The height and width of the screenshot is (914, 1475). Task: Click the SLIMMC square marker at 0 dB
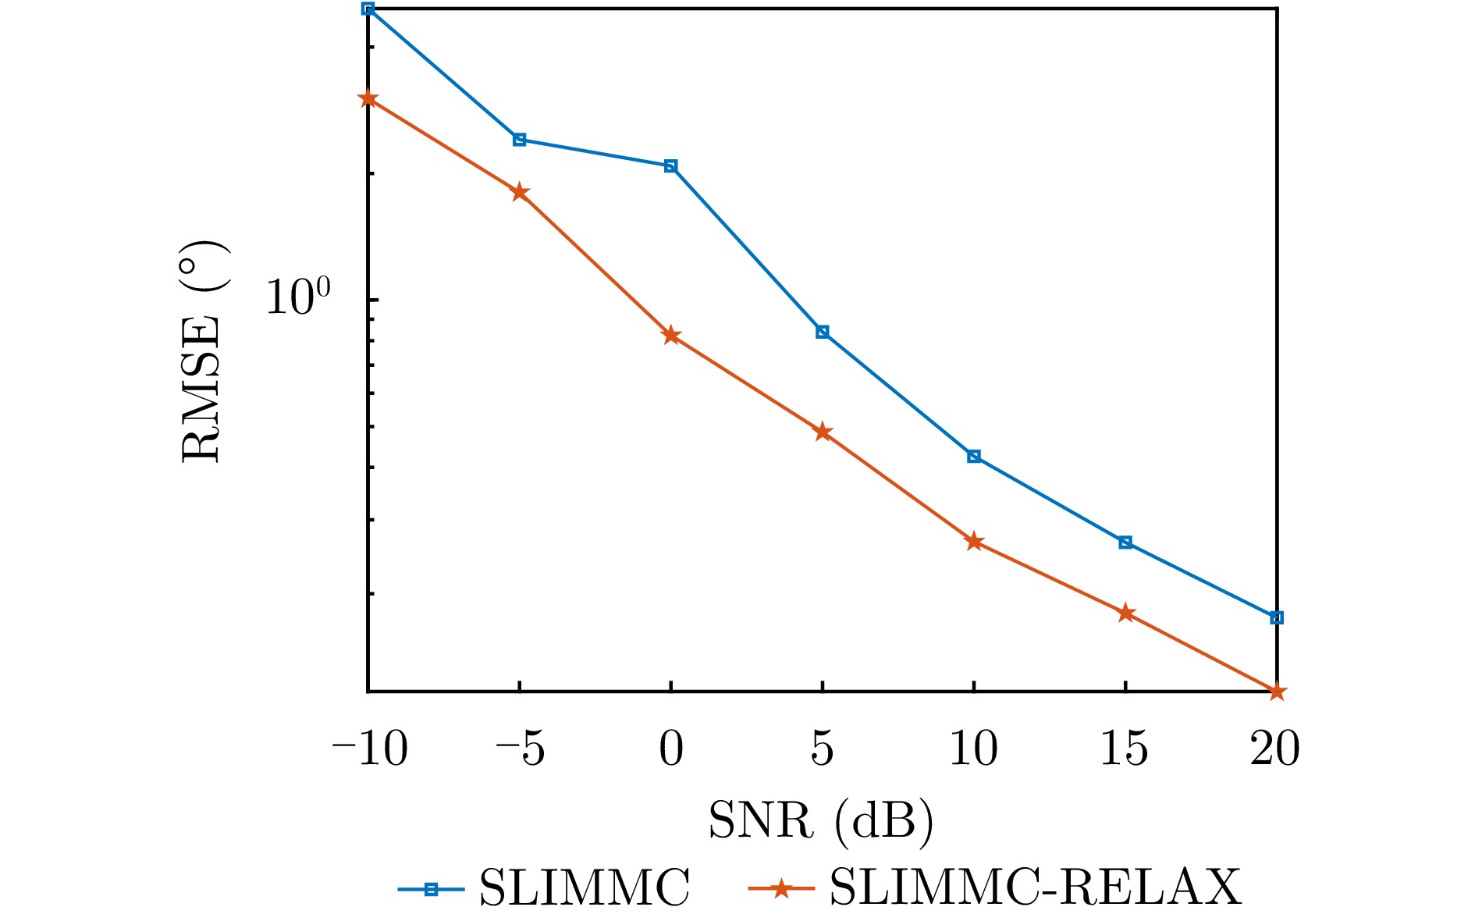pyautogui.click(x=670, y=166)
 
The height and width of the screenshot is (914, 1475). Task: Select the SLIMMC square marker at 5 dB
pyautogui.click(x=822, y=332)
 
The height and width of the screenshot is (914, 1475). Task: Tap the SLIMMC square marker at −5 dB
pyautogui.click(x=519, y=140)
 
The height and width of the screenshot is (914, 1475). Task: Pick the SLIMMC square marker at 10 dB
pyautogui.click(x=973, y=456)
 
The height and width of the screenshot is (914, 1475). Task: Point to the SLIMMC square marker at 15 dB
pyautogui.click(x=1125, y=542)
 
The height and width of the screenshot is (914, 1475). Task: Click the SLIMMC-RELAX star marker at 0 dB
pyautogui.click(x=670, y=336)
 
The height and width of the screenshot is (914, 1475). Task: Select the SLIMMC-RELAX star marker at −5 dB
pyautogui.click(x=519, y=192)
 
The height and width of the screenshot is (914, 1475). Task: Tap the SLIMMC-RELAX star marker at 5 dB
pyautogui.click(x=822, y=432)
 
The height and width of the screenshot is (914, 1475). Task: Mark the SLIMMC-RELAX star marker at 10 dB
pyautogui.click(x=973, y=542)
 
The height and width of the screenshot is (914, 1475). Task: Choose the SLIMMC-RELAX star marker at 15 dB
pyautogui.click(x=1125, y=613)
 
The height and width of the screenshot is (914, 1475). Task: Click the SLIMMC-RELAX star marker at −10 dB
pyautogui.click(x=368, y=99)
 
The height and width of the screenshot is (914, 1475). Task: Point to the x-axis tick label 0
pyautogui.click(x=670, y=749)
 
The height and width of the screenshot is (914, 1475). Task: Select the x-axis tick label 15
pyautogui.click(x=1124, y=749)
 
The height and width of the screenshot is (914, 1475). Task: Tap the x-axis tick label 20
pyautogui.click(x=1274, y=749)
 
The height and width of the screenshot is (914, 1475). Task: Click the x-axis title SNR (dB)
pyautogui.click(x=820, y=821)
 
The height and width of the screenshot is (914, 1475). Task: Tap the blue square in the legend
pyautogui.click(x=430, y=889)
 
